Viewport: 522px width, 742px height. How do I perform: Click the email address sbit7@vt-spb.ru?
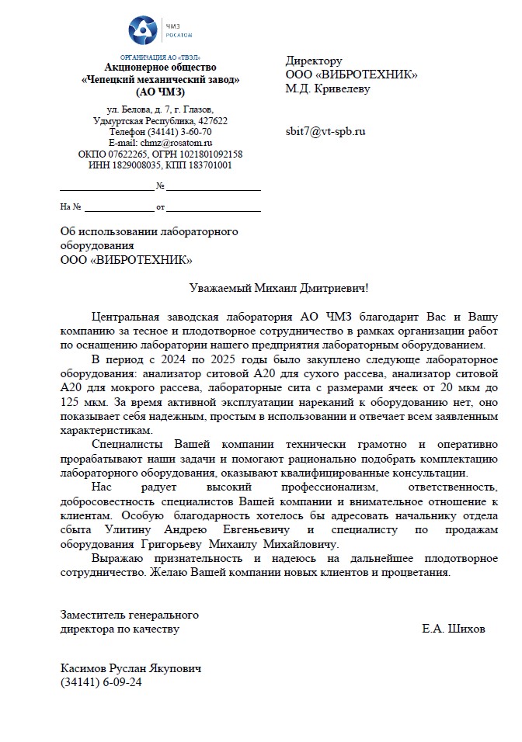pyautogui.click(x=325, y=131)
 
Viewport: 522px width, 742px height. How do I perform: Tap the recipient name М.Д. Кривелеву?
pyautogui.click(x=328, y=88)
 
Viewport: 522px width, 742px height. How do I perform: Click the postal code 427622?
pyautogui.click(x=211, y=121)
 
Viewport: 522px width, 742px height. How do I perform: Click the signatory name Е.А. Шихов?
pyautogui.click(x=454, y=629)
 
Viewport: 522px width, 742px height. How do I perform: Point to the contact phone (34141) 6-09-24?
pyautogui.click(x=101, y=682)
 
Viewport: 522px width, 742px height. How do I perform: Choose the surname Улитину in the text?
pyautogui.click(x=134, y=529)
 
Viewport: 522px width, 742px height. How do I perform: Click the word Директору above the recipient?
pyautogui.click(x=314, y=61)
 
